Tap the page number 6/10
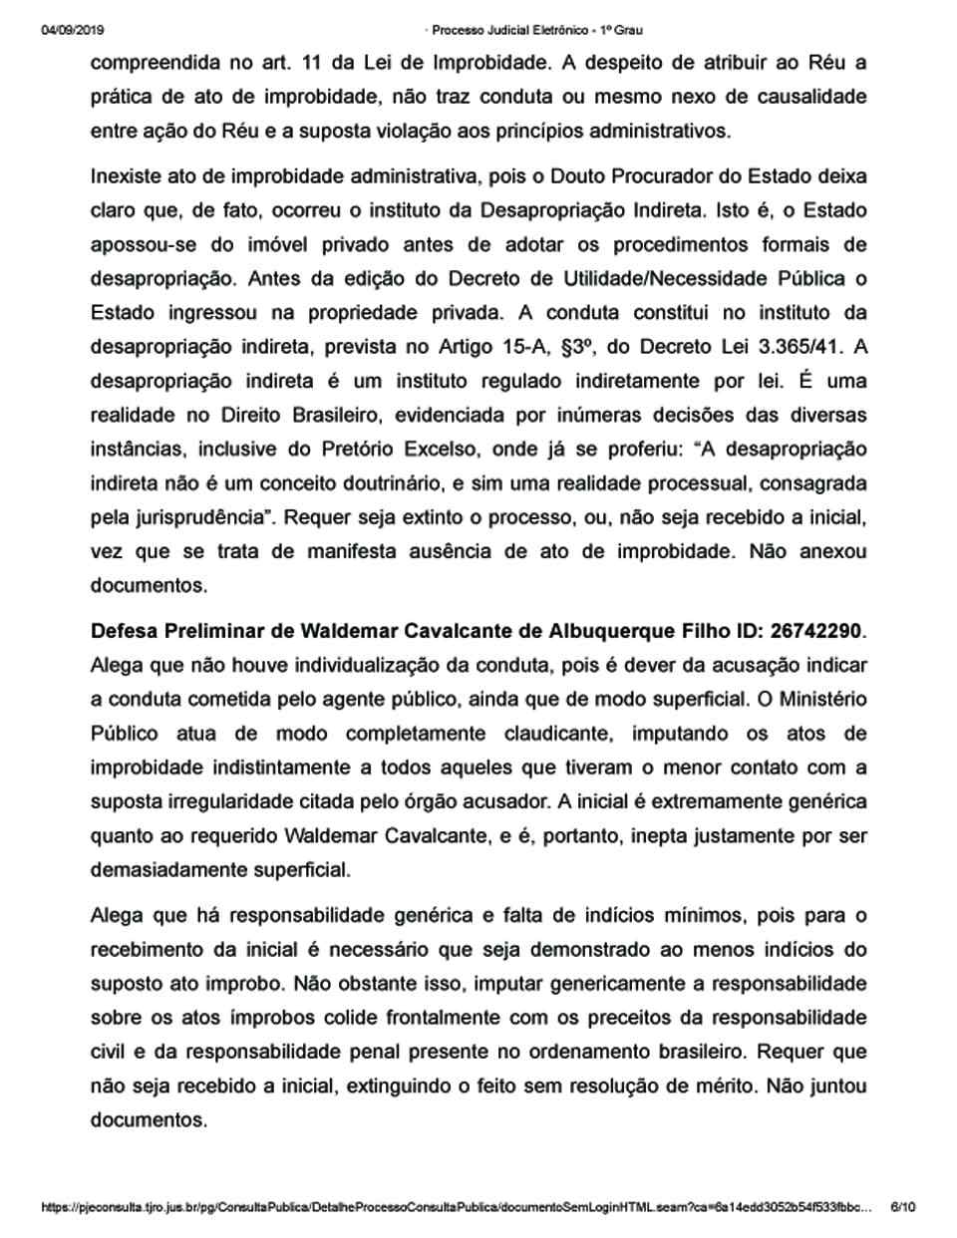point(902,1207)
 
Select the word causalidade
point(794,97)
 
